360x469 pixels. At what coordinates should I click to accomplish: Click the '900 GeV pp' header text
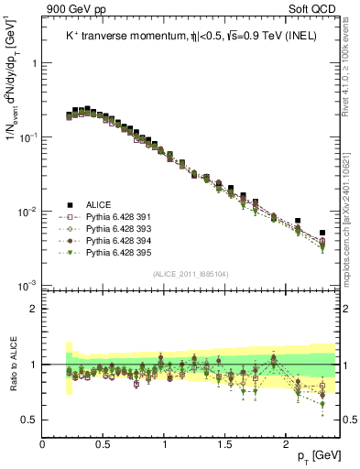click(76, 7)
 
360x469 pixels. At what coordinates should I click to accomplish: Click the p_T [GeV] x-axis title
click(317, 455)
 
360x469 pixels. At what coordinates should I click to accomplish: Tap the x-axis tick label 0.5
click(104, 442)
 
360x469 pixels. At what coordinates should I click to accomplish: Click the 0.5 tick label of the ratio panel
click(28, 420)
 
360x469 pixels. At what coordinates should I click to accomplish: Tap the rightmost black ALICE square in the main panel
click(322, 233)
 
